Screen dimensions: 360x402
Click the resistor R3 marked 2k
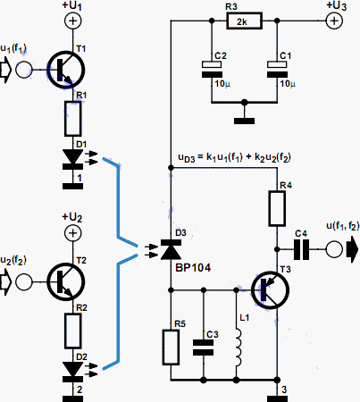pyautogui.click(x=244, y=21)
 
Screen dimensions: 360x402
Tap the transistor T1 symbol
pyautogui.click(x=66, y=70)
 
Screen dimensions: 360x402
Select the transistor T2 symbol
pyautogui.click(x=66, y=281)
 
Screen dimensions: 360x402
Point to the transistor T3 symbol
pyautogui.click(x=270, y=289)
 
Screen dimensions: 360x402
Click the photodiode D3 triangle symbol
pyautogui.click(x=171, y=249)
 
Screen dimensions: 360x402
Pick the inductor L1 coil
pyautogui.click(x=238, y=348)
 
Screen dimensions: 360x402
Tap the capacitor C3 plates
pyautogui.click(x=204, y=348)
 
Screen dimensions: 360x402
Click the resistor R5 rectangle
pyautogui.click(x=171, y=348)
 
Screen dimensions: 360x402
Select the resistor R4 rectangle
pyautogui.click(x=277, y=208)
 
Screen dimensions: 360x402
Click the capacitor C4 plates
pyautogui.click(x=301, y=249)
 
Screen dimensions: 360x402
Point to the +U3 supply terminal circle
pyautogui.click(x=334, y=21)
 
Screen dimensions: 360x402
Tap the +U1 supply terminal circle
pyautogui.click(x=72, y=21)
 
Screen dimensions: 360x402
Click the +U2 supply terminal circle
pyautogui.click(x=72, y=232)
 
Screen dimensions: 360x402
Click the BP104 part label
pyautogui.click(x=193, y=268)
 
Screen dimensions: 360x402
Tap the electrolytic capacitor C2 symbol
pyautogui.click(x=212, y=70)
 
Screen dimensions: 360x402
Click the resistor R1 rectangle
pyautogui.click(x=73, y=119)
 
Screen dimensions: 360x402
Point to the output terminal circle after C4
pyautogui.click(x=334, y=249)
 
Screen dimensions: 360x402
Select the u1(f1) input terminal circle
pyautogui.click(x=24, y=70)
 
